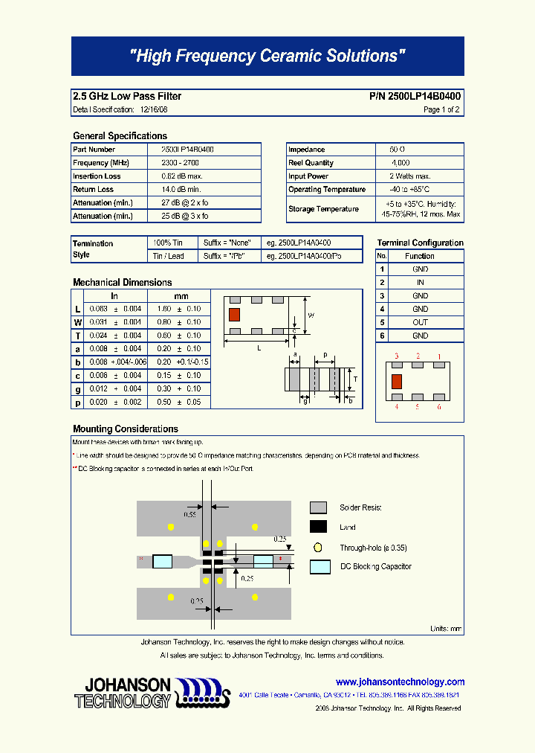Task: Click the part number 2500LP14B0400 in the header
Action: (x=415, y=96)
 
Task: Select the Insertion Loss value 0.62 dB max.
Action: (x=182, y=176)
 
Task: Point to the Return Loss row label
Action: (x=94, y=190)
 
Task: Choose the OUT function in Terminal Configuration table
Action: (x=420, y=322)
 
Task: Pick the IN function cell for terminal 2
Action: (x=420, y=283)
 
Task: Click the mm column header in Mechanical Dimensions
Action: (x=181, y=296)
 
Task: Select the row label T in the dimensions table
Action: (x=77, y=336)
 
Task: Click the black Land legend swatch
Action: (x=319, y=527)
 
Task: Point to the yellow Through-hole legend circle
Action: (x=318, y=547)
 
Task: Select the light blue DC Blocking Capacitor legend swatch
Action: (x=320, y=566)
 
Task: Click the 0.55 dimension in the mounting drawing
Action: (x=189, y=514)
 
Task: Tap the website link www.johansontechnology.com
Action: (x=400, y=682)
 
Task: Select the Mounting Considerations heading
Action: (x=126, y=429)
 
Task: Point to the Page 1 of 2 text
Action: (x=441, y=109)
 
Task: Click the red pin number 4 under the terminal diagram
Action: (x=397, y=407)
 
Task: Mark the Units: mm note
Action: (x=446, y=629)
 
